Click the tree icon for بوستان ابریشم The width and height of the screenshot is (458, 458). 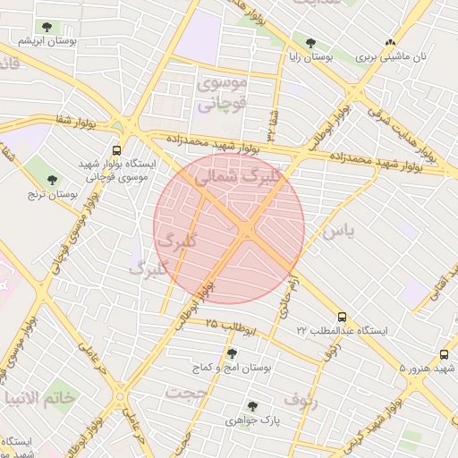click(x=46, y=28)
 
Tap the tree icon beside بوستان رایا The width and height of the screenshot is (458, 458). click(x=310, y=42)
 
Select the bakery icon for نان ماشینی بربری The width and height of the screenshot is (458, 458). click(x=390, y=42)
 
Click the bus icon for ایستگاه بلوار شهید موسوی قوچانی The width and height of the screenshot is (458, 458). click(x=116, y=151)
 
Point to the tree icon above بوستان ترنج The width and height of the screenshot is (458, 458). click(x=52, y=180)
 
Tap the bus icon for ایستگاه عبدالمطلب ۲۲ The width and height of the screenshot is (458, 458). click(x=342, y=317)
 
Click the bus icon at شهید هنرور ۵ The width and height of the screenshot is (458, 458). click(x=445, y=354)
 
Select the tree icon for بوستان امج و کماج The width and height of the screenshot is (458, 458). click(x=233, y=353)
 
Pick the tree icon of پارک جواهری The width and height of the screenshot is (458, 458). click(x=252, y=405)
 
